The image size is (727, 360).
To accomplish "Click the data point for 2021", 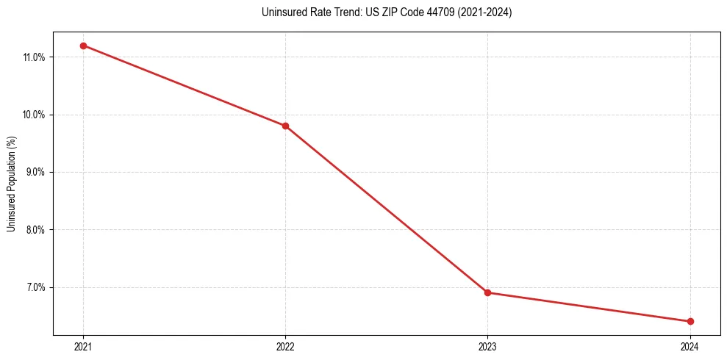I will tap(83, 46).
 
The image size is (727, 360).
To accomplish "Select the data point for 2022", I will tap(285, 126).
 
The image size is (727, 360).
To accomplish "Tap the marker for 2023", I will tap(487, 292).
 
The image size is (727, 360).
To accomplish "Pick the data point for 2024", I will tap(690, 321).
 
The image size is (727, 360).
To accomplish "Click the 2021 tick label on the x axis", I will tap(83, 346).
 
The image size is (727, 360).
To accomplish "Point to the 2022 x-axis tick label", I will tap(285, 346).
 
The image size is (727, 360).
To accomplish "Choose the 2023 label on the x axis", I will tap(487, 346).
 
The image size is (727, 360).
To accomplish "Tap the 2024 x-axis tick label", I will tap(690, 346).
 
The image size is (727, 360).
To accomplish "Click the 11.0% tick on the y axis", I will tap(35, 57).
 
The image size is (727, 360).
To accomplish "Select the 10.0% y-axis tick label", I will tap(35, 115).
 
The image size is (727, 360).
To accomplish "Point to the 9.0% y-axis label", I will tap(36, 172).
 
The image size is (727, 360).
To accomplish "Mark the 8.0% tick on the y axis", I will tap(36, 230).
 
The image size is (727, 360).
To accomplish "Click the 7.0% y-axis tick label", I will tap(36, 287).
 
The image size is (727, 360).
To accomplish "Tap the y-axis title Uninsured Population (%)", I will tap(11, 184).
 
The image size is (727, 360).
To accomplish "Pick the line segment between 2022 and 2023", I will tap(386, 209).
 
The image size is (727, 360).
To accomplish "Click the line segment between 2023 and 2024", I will tap(588, 307).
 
